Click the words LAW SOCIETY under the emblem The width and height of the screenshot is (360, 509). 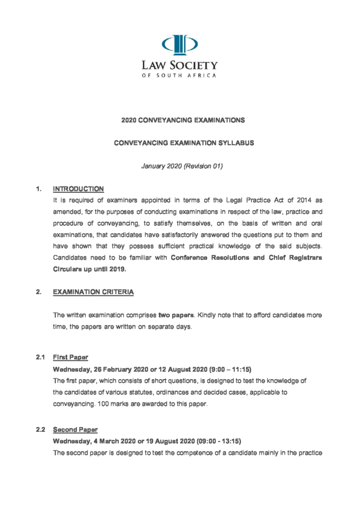[180, 65]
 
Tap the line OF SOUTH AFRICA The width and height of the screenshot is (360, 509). [180, 76]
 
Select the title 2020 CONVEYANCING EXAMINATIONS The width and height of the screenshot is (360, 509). [183, 120]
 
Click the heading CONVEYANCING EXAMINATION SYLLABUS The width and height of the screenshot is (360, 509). [183, 143]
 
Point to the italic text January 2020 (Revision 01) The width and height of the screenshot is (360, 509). [182, 166]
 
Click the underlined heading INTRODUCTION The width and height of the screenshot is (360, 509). [78, 189]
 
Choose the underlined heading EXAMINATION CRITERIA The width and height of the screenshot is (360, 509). [93, 292]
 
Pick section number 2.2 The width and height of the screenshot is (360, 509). [41, 429]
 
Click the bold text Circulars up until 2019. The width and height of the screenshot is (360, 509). [90, 269]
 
